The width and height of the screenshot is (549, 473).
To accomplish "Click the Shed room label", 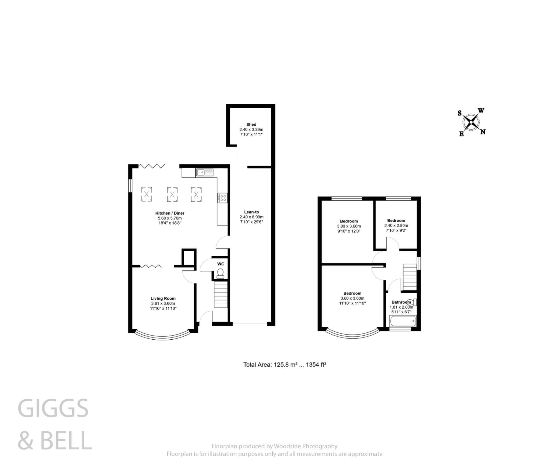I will [251, 125].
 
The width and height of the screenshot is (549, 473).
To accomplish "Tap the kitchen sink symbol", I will [205, 172].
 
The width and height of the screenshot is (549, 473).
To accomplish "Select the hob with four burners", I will [222, 198].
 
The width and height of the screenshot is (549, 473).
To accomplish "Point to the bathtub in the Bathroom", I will [403, 321].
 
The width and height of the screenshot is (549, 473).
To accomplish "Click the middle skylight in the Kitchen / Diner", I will [172, 194].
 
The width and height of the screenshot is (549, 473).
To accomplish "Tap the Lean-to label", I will [251, 212].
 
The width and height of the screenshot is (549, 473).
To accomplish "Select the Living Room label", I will [163, 298].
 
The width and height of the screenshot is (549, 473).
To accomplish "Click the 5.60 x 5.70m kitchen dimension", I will [170, 218].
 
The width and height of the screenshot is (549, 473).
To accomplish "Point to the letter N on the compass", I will [483, 132].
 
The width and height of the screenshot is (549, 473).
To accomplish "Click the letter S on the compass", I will [459, 113].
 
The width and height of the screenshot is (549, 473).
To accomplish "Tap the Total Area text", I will [284, 365].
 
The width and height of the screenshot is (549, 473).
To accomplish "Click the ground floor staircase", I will [221, 296].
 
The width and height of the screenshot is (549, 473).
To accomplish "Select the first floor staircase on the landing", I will [410, 277].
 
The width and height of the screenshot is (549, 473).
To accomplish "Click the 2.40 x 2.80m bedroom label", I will [396, 226].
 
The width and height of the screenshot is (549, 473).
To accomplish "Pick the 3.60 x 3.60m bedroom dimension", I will [352, 298].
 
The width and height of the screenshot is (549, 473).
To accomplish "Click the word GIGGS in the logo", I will [53, 408].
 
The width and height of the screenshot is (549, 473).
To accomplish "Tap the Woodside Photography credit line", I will [274, 446].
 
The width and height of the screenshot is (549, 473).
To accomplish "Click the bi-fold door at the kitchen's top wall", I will [152, 166].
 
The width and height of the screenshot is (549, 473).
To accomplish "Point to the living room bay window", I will [163, 337].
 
